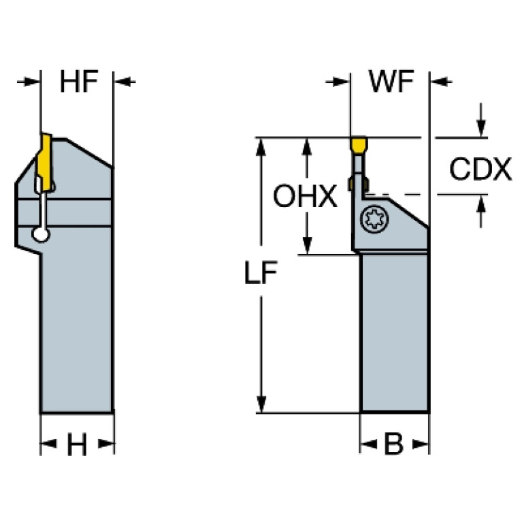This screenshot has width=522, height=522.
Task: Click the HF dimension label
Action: (x=79, y=82)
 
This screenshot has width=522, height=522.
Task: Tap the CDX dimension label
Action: (x=480, y=170)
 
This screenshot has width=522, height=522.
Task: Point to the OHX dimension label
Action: (x=306, y=197)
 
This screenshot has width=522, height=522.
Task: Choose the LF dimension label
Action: (x=261, y=274)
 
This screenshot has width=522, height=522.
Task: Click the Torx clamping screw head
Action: (x=373, y=219)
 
